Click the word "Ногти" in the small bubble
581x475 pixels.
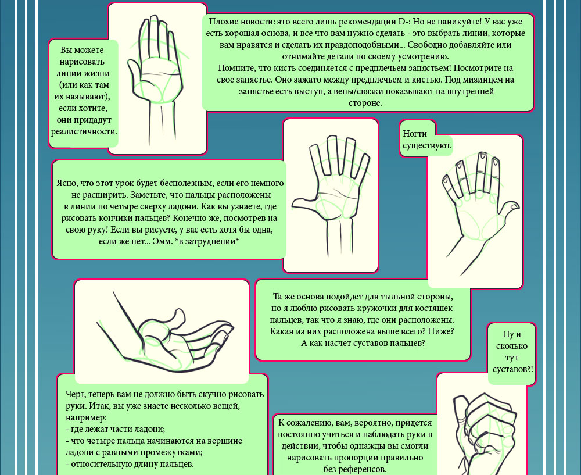pos(415,134)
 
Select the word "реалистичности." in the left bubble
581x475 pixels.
pos(84,131)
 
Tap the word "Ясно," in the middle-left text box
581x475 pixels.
pos(67,183)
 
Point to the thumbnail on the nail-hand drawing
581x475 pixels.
pos(515,206)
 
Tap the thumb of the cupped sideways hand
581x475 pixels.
pos(175,319)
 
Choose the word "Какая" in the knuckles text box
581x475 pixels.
pos(281,331)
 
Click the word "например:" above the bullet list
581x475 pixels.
pos(87,418)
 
